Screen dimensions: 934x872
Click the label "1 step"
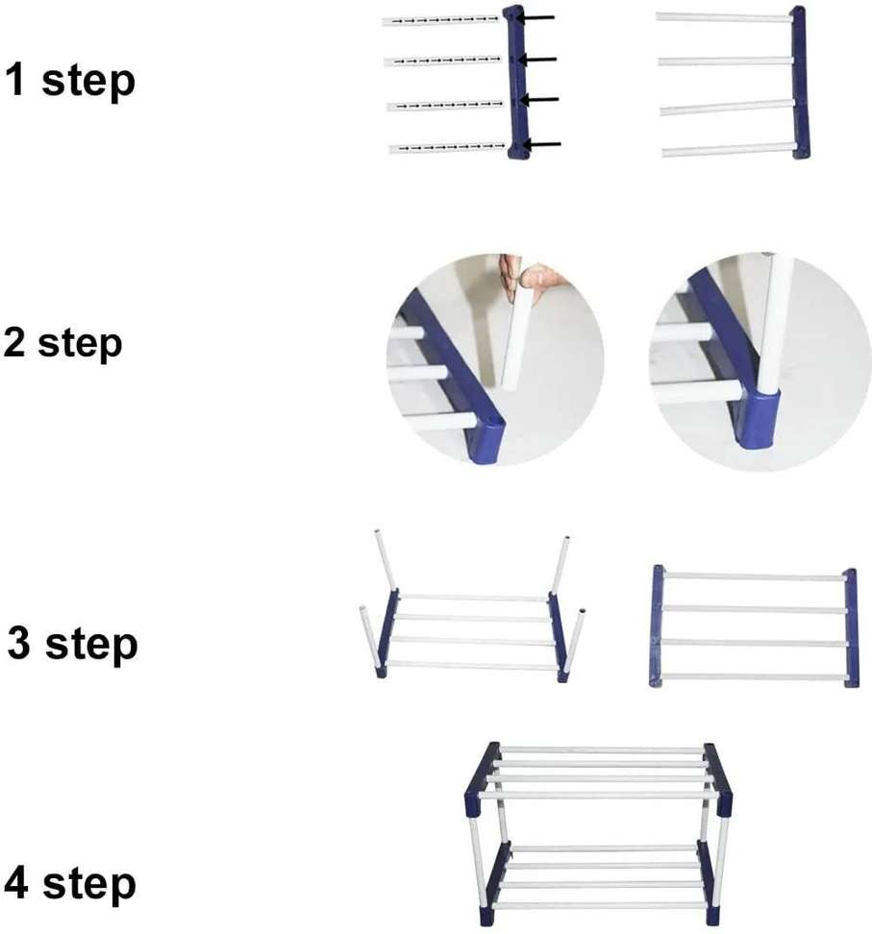[x=70, y=81]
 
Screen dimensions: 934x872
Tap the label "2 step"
[x=63, y=343]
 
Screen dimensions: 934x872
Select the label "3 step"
[x=73, y=644]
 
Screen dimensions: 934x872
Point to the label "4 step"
[x=70, y=883]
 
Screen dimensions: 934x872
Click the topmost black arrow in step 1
[x=539, y=17]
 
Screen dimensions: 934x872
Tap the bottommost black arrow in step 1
[x=545, y=145]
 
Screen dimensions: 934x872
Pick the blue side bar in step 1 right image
[x=800, y=82]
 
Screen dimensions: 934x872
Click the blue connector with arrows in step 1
[x=517, y=82]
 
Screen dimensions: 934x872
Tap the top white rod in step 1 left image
[x=442, y=20]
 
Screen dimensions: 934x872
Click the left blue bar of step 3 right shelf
[x=658, y=626]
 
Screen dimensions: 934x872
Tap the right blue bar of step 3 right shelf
[x=851, y=627]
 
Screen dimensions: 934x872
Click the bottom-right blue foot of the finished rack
[x=710, y=904]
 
